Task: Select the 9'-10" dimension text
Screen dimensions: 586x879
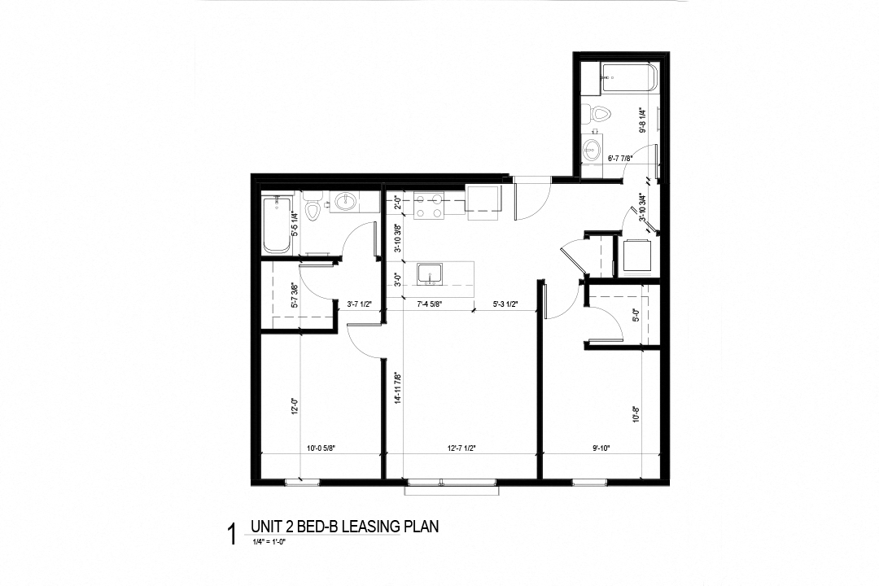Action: coord(602,447)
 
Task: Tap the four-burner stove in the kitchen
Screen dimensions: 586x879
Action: coord(428,206)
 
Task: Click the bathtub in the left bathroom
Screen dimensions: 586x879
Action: coord(278,225)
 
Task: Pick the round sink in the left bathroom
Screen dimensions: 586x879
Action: coord(345,202)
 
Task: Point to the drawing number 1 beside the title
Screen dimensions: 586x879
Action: coord(232,535)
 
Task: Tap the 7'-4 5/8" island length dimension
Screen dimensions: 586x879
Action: coord(429,305)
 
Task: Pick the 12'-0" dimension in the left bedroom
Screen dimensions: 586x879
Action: coord(295,405)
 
